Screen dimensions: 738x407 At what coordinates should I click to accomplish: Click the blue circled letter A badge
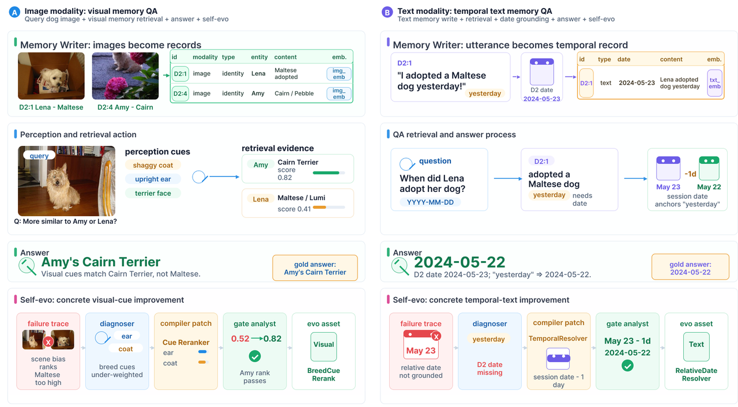[14, 13]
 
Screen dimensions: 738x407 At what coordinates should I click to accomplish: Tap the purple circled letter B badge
[387, 13]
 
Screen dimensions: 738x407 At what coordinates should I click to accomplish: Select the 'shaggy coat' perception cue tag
[153, 165]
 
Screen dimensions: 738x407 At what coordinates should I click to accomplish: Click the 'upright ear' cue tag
[153, 179]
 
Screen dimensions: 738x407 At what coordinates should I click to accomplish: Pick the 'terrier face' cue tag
[153, 193]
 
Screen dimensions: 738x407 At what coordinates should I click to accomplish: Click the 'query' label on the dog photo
[39, 156]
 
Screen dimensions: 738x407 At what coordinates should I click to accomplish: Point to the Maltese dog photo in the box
[51, 76]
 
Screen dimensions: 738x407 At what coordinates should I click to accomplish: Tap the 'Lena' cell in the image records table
[258, 73]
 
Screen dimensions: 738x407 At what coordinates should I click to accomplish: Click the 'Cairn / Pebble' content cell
[294, 93]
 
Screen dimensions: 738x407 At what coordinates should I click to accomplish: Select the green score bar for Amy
[326, 173]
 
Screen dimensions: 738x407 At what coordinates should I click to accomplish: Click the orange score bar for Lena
[319, 208]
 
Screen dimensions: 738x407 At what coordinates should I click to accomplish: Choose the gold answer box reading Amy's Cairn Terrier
[315, 268]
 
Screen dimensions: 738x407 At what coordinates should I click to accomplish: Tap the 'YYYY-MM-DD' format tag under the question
[430, 202]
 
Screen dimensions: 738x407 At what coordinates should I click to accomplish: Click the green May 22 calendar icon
[709, 168]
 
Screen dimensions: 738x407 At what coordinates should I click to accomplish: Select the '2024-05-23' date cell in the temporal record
[637, 83]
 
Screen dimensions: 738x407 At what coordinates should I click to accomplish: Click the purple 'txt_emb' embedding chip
[714, 83]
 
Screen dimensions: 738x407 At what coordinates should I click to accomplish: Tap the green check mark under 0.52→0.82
[255, 356]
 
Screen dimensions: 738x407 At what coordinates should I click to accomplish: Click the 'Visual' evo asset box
[323, 346]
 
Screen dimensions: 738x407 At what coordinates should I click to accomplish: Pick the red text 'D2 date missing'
[490, 368]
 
